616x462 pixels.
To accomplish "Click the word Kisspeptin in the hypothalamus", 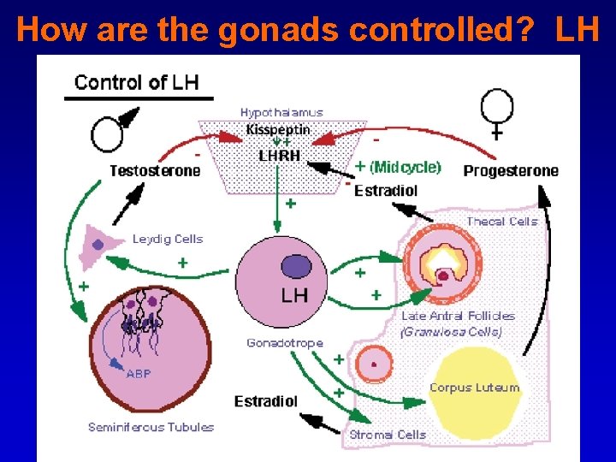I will tap(278, 130).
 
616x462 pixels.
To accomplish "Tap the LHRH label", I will tap(279, 155).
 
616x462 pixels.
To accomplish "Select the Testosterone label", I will tap(155, 170).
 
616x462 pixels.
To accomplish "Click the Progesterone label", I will tap(511, 171).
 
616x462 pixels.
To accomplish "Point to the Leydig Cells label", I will tap(168, 240).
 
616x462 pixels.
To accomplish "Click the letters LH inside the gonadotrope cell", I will tap(294, 295).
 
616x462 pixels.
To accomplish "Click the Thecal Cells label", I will tap(502, 222).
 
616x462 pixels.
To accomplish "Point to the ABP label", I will tap(139, 374).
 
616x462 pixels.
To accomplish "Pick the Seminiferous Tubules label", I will tap(151, 427).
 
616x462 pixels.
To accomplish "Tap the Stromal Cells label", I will tap(388, 435).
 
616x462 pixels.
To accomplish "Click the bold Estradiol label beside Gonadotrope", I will tap(266, 401).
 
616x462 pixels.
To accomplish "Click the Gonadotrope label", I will tap(285, 343).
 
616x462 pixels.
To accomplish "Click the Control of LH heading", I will tap(137, 83).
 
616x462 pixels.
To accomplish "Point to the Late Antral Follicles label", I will tap(459, 316).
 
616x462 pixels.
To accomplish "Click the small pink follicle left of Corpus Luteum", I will tap(374, 364).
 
